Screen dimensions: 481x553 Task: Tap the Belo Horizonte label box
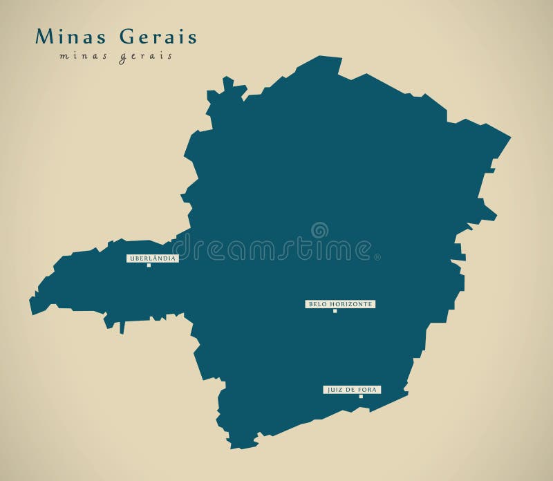(340, 304)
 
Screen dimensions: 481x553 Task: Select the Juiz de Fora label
(352, 390)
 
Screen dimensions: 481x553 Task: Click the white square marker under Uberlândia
(149, 265)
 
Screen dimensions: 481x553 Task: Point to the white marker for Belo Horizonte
(335, 311)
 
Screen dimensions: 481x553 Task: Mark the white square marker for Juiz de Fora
(360, 397)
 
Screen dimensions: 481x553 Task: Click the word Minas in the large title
(59, 36)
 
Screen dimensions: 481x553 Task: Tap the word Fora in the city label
(369, 390)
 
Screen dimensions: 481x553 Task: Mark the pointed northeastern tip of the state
(510, 137)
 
